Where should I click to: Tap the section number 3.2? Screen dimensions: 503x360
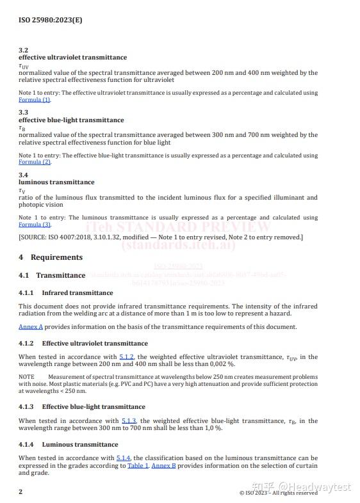tap(23, 50)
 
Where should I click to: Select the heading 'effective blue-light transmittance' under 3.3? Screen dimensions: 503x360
tap(71, 120)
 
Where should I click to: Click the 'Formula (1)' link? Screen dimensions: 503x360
tap(34, 100)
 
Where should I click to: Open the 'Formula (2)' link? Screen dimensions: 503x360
tap(34, 162)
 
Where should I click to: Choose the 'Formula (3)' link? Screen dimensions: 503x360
tap(34, 225)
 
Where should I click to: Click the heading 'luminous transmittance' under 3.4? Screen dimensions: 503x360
tap(56, 182)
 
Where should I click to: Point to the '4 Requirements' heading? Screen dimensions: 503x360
tap(51, 257)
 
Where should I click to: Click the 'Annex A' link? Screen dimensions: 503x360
tap(31, 327)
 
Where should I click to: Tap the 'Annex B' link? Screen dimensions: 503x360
tap(163, 466)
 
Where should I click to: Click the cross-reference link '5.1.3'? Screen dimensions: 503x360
tap(129, 421)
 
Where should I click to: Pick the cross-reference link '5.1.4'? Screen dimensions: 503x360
tap(124, 458)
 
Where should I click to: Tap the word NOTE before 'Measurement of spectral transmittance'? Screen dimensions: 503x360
tap(26, 377)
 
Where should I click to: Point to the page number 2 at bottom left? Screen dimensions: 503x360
tap(20, 491)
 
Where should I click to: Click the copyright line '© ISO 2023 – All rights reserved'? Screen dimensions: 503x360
tap(278, 493)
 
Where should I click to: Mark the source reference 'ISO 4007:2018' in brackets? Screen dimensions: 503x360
tap(69, 237)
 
